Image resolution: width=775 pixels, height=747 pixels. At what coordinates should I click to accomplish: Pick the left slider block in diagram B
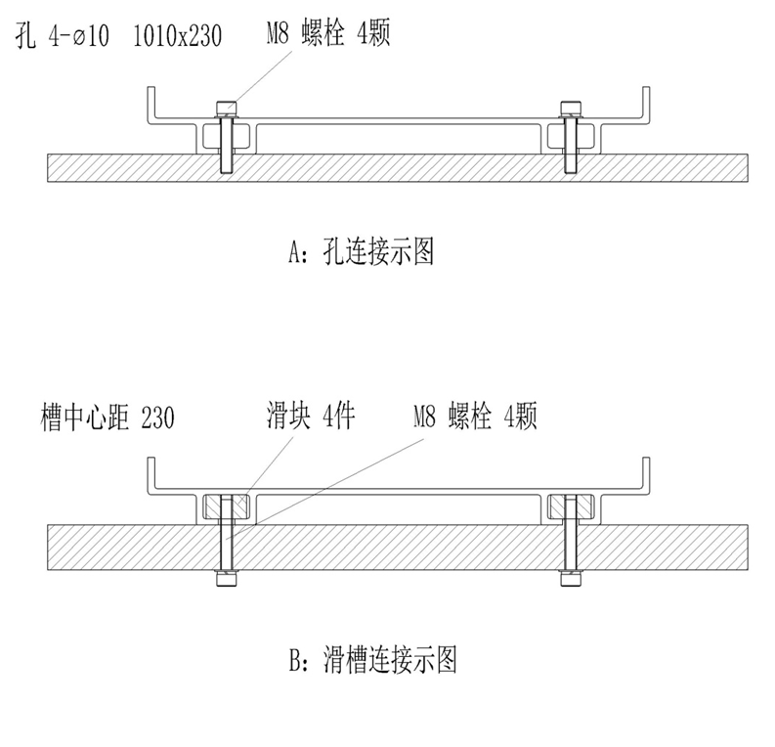click(x=227, y=505)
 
